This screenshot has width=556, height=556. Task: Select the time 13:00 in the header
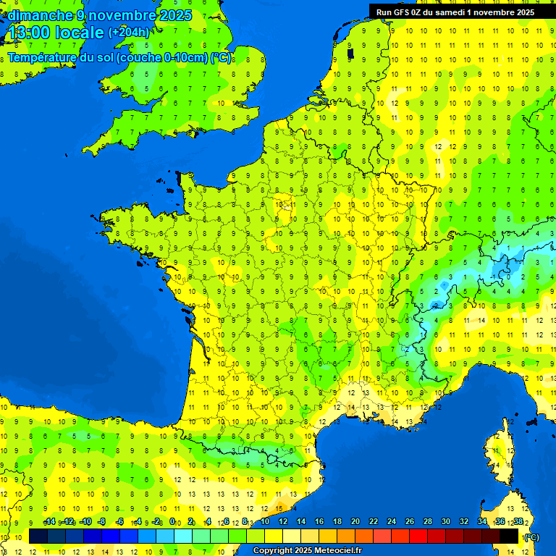30,33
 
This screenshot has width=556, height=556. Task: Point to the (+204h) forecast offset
128,33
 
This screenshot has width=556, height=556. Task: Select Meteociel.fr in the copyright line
338,551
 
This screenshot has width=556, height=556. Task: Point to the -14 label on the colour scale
50,522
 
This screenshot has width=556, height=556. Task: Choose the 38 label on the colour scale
518,522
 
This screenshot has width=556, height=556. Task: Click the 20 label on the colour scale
355,522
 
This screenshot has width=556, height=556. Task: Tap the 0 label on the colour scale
172,522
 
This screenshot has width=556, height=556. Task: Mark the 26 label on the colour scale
410,522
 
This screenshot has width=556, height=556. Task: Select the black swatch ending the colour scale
509,536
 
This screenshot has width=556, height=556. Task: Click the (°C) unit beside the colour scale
531,536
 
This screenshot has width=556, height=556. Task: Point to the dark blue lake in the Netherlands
350,53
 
